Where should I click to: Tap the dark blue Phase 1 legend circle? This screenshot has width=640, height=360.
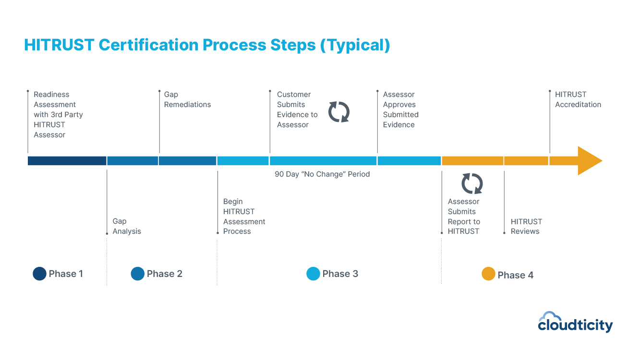click(39, 274)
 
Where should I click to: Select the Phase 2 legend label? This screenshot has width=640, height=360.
click(164, 274)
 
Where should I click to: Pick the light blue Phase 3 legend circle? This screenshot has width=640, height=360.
click(313, 274)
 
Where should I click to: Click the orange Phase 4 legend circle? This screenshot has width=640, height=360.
click(488, 274)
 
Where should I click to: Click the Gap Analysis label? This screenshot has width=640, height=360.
click(127, 226)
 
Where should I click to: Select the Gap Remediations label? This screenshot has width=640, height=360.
click(187, 99)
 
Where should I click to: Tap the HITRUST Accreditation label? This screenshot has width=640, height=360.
click(578, 99)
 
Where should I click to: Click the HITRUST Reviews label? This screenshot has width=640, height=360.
click(526, 226)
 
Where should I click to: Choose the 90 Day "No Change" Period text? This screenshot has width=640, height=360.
click(322, 174)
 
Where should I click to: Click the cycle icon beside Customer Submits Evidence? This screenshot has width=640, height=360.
click(339, 111)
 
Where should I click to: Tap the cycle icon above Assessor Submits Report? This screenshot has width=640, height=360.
click(472, 183)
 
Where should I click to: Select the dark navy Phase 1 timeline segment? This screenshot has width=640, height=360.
click(67, 161)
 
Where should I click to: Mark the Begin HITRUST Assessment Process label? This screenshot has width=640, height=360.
click(244, 216)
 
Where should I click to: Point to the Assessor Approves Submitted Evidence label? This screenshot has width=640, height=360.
click(400, 109)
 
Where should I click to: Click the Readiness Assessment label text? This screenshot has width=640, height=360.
click(58, 114)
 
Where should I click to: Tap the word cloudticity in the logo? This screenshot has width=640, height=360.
click(575, 325)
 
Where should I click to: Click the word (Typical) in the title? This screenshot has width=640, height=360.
click(355, 45)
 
